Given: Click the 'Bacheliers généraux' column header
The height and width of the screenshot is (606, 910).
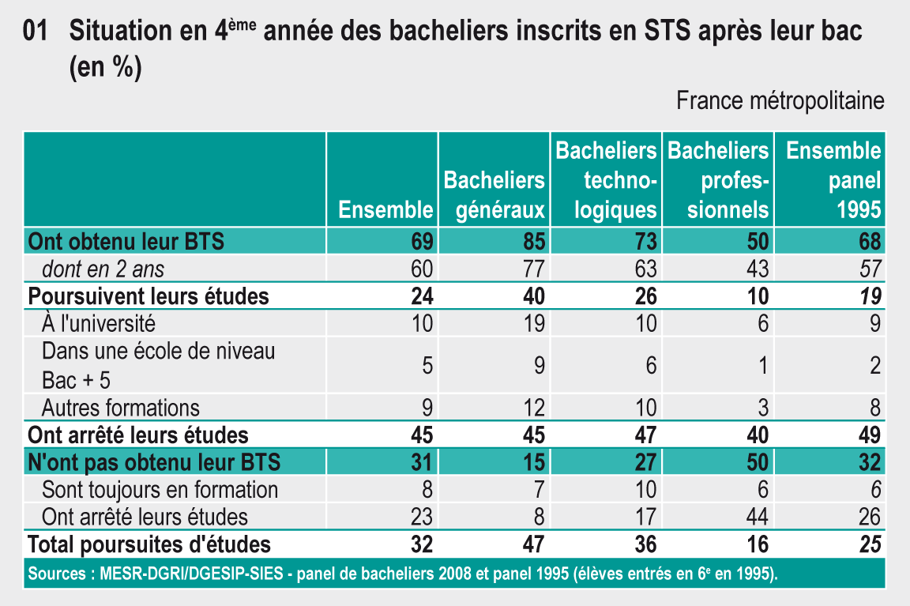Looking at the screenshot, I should [494, 194].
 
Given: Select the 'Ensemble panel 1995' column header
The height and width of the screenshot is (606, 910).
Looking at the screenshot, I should [833, 180].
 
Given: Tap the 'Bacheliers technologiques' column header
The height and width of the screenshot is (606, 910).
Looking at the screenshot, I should [606, 180].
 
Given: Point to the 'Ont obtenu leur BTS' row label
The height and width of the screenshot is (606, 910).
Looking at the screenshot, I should [126, 241].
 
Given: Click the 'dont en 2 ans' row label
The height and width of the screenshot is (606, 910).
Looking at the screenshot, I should [103, 269].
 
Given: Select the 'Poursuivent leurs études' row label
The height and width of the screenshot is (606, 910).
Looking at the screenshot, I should [149, 296].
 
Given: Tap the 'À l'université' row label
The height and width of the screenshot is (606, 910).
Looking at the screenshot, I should [99, 324].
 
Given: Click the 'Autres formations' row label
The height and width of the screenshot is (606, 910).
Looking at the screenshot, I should [121, 408].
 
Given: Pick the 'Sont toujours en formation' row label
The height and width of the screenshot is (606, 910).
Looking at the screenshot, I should [160, 490].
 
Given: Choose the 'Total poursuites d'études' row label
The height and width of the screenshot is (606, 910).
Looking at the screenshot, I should [149, 544].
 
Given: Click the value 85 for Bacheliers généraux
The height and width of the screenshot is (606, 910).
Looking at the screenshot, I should [533, 241].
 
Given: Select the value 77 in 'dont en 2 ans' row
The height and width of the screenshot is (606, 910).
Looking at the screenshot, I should [533, 269].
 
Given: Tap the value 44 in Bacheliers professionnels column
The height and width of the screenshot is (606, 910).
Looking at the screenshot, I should [756, 517].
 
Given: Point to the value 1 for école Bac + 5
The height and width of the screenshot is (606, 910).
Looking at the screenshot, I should [763, 366].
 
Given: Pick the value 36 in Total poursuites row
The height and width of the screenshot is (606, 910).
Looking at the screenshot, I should [645, 544].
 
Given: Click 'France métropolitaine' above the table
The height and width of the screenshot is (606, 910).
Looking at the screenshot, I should [780, 101].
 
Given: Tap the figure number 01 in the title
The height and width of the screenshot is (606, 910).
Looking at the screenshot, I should [36, 32].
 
